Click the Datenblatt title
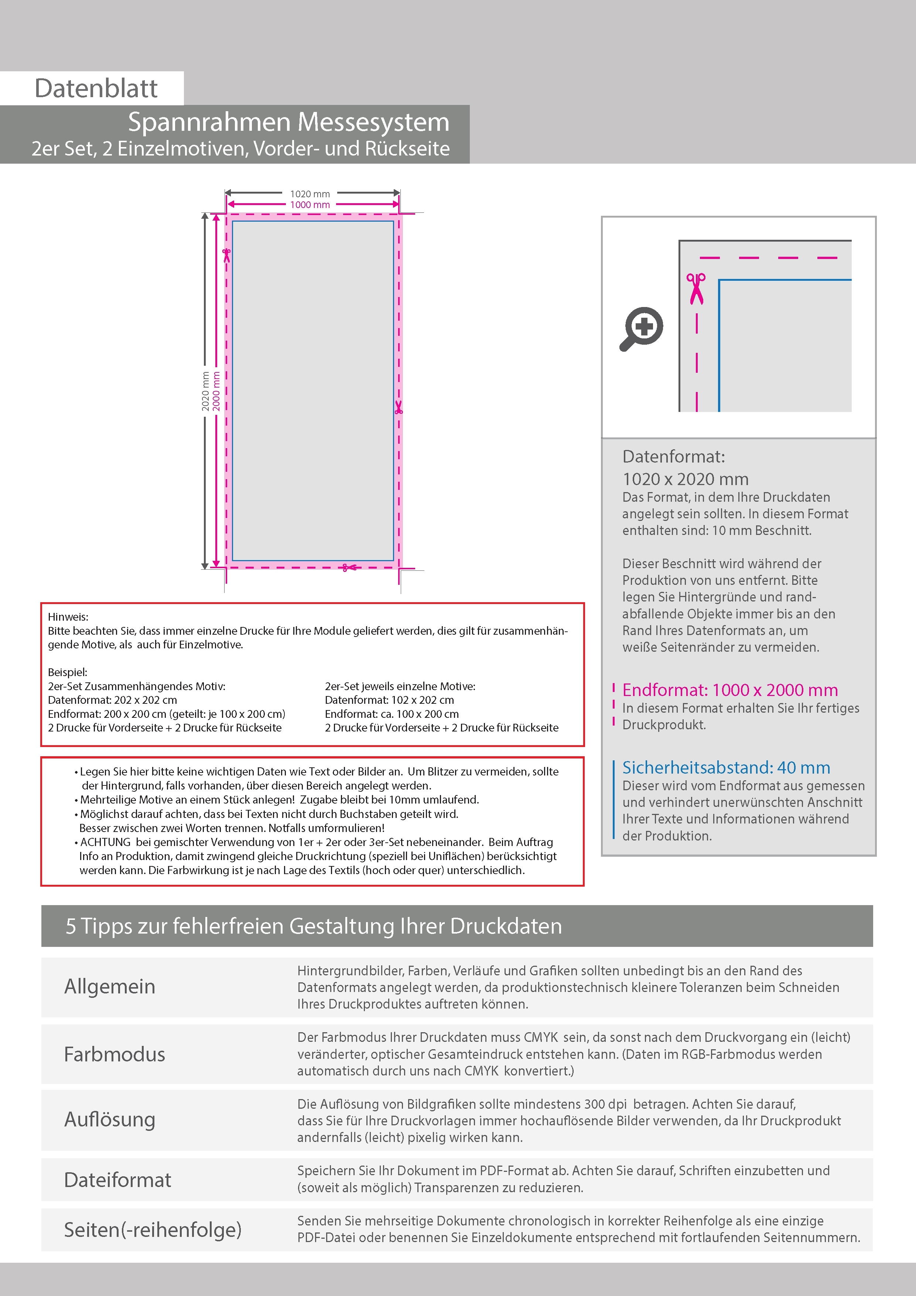tap(96, 88)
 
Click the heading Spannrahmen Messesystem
tap(288, 122)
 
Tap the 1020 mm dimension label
tap(310, 194)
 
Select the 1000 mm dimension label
tap(310, 205)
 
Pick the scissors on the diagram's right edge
tap(399, 407)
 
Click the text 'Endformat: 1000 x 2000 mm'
tap(730, 690)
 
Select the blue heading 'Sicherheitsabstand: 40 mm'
tap(726, 768)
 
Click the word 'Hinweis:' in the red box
tap(68, 617)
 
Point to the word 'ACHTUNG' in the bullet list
tap(106, 842)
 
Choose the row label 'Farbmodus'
tap(115, 1054)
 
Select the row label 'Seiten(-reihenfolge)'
tap(153, 1230)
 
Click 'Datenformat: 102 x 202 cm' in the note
tap(389, 700)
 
